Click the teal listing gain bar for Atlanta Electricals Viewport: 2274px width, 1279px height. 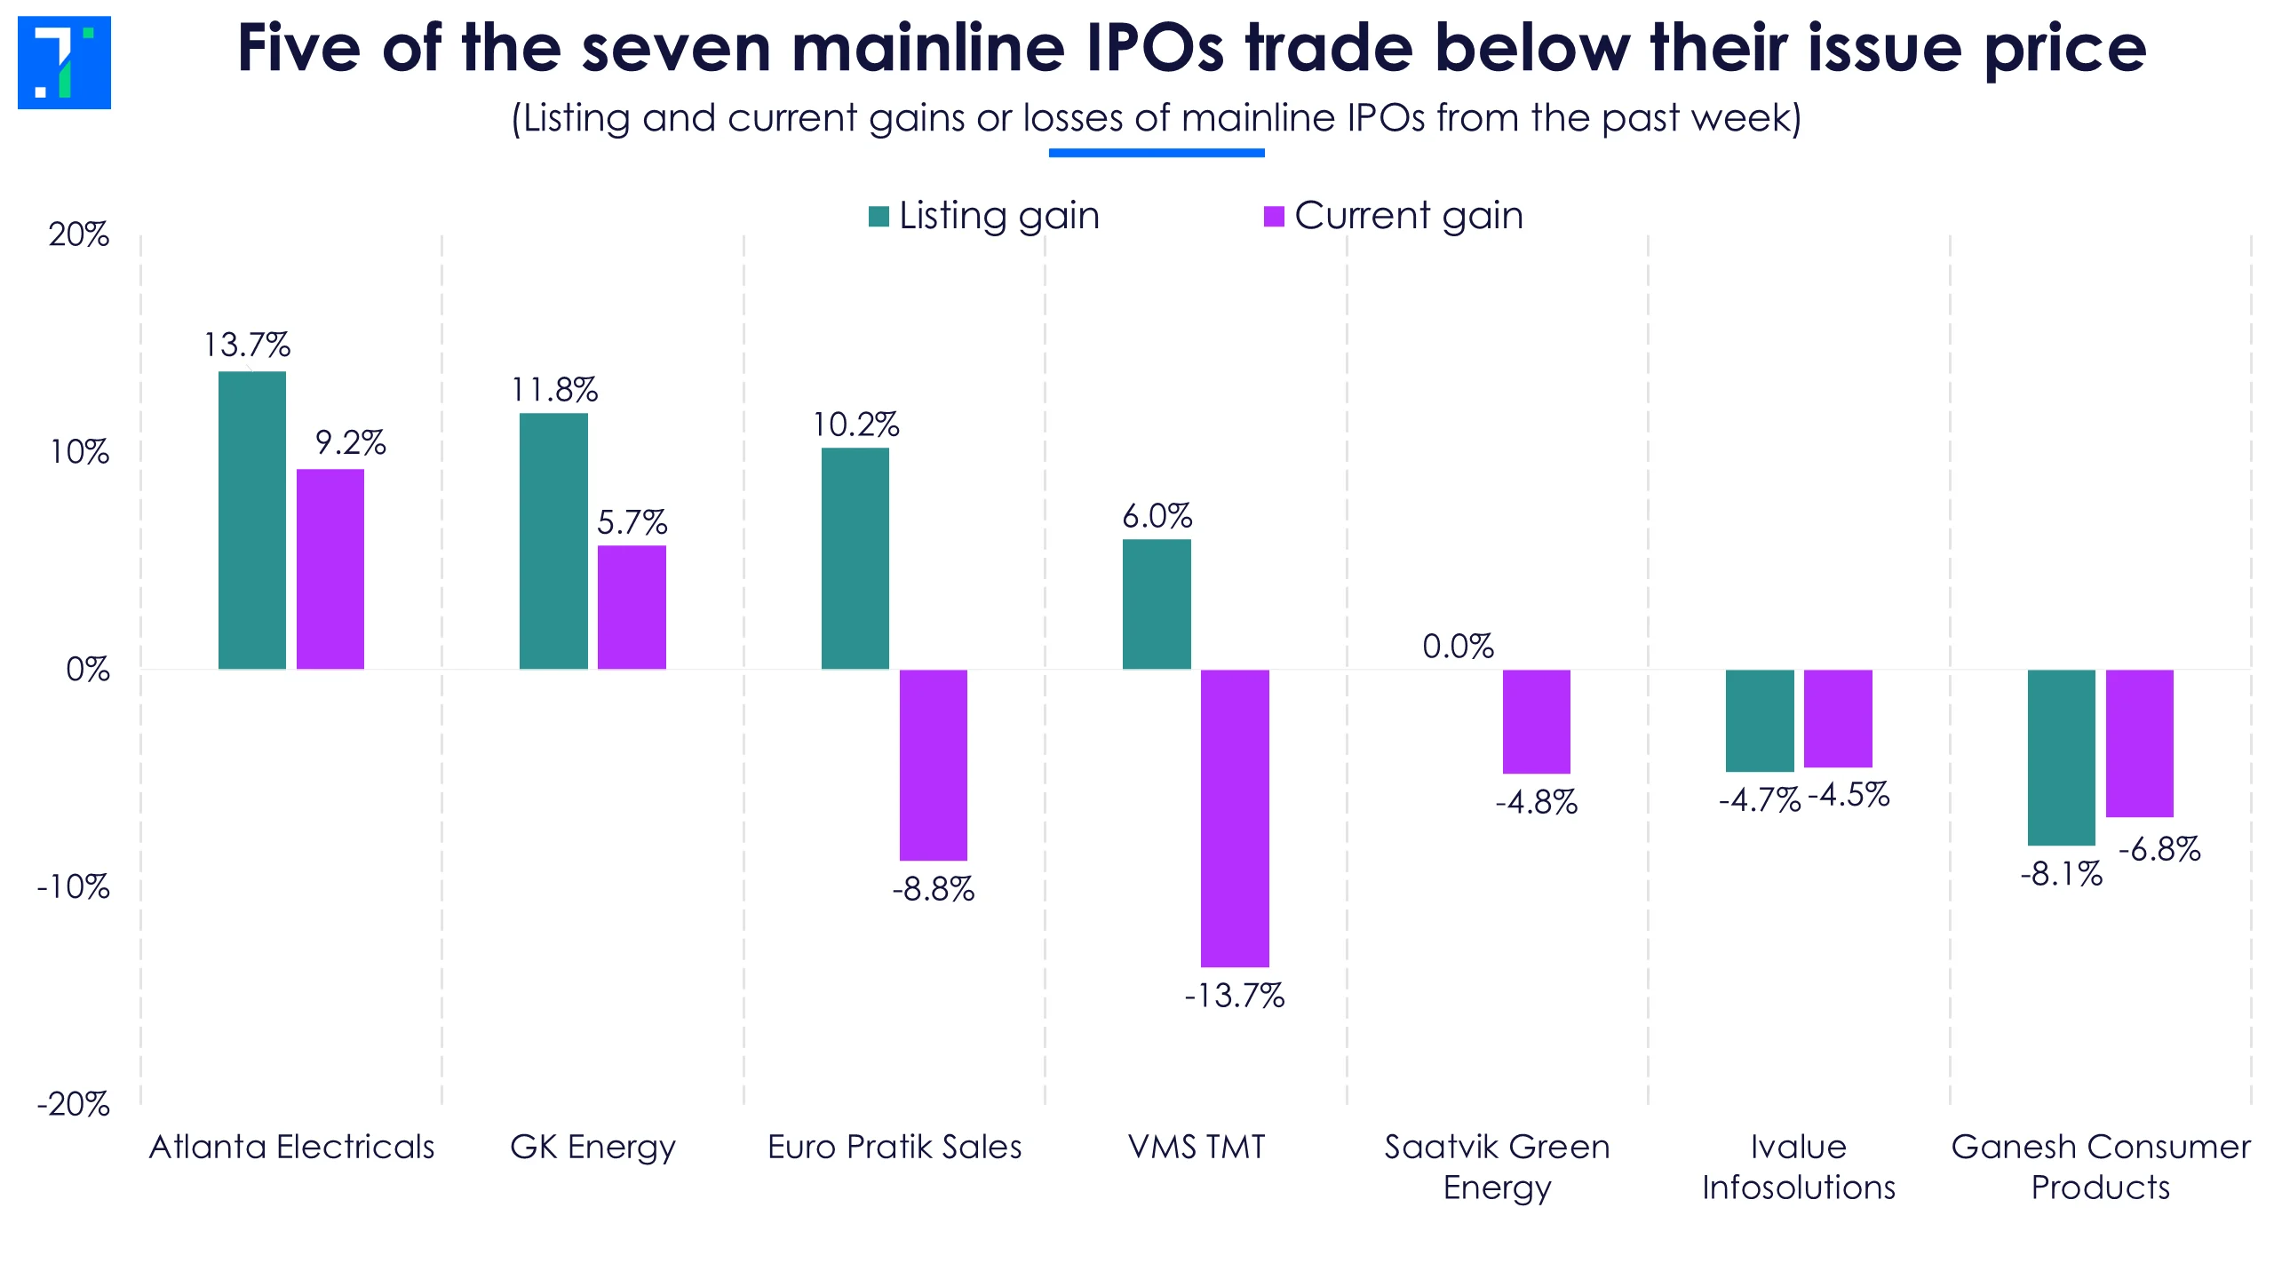252,520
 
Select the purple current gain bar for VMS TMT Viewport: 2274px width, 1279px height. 1235,818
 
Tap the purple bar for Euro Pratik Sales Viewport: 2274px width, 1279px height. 933,765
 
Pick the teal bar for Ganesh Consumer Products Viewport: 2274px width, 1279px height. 2061,757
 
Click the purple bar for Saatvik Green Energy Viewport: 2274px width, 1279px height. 1536,721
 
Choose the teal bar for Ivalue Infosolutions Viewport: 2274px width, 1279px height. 1760,720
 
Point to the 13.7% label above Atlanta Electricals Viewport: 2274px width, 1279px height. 247,345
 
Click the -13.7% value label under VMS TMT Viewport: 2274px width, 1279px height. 1234,996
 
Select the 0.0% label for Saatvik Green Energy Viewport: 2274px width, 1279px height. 1458,647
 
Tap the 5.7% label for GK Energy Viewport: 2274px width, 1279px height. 632,522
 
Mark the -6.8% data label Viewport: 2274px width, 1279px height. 2159,849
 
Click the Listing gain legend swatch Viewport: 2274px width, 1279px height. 879,217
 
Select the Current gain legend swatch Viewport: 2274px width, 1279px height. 1274,217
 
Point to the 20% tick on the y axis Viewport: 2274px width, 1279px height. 79,234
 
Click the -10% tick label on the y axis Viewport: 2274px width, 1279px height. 73,886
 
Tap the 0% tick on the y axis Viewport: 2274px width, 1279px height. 88,669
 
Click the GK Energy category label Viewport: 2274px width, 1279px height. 592,1147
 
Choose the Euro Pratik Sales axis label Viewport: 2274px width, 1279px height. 894,1147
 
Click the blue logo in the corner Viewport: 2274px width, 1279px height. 64,62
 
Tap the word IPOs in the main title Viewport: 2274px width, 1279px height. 1156,48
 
